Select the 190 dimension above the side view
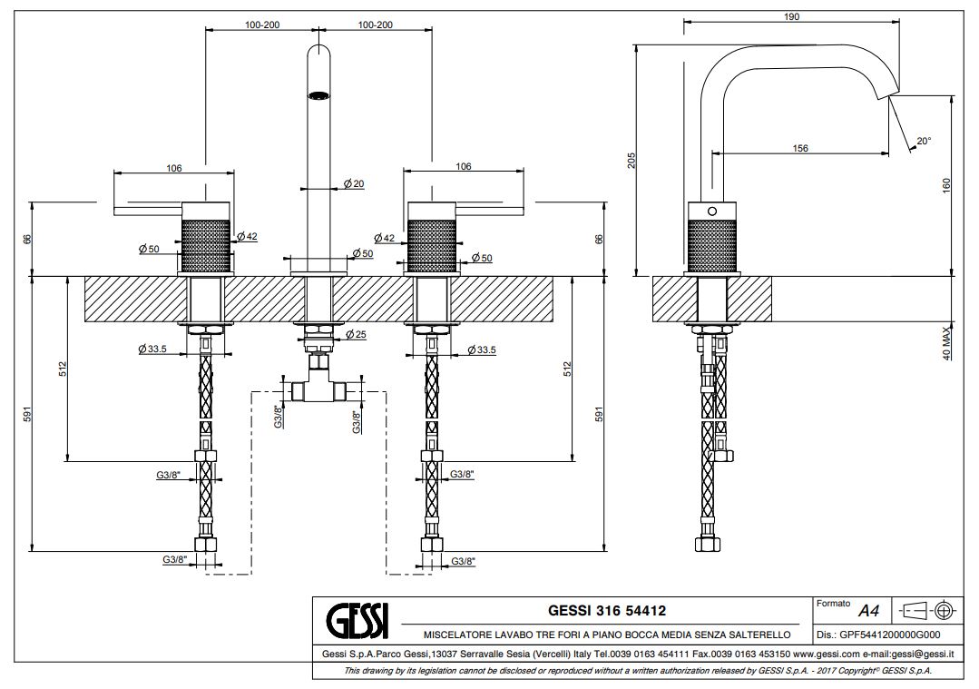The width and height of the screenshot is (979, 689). click(792, 17)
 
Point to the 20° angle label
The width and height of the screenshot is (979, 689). click(923, 141)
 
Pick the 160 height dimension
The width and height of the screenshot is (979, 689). click(946, 184)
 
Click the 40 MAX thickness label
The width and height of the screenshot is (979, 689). click(946, 343)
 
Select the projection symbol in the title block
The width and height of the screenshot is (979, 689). click(928, 609)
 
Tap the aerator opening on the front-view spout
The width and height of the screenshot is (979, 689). click(318, 94)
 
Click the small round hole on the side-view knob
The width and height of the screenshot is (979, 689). click(712, 212)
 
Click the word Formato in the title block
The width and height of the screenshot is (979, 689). click(833, 603)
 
